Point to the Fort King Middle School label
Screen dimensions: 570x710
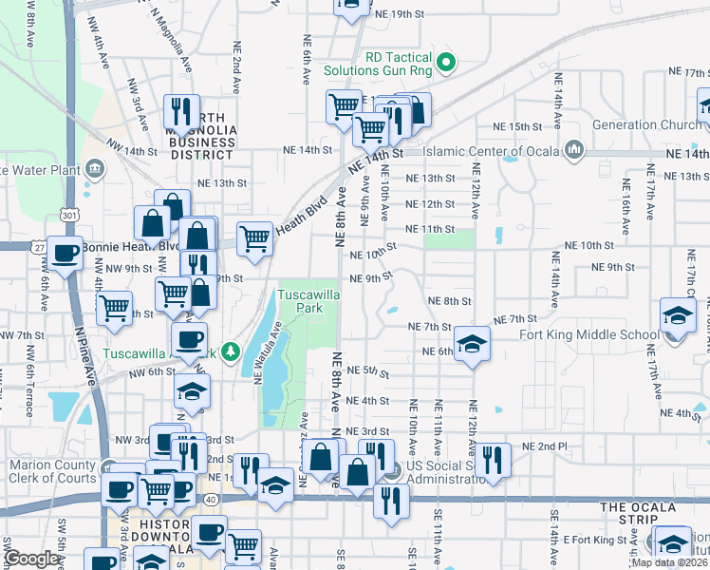click(589, 334)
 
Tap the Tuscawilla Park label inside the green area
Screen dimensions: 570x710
click(307, 302)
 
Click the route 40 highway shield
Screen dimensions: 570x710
click(210, 498)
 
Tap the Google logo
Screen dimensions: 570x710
click(32, 559)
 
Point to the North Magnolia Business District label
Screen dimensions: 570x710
click(200, 142)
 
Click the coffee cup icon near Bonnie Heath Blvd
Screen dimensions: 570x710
click(65, 253)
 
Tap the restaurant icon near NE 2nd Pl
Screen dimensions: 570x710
click(493, 460)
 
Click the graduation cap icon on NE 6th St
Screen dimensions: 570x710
click(472, 344)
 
